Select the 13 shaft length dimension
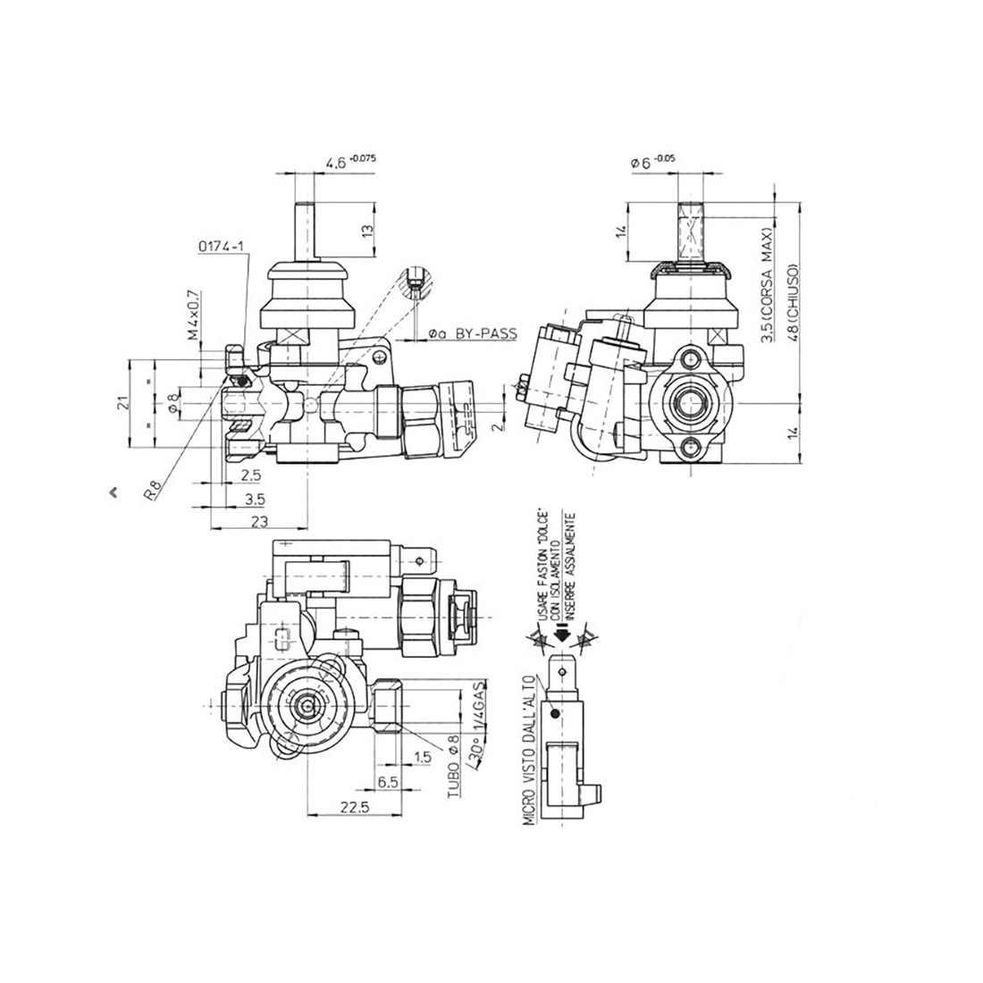(x=366, y=231)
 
